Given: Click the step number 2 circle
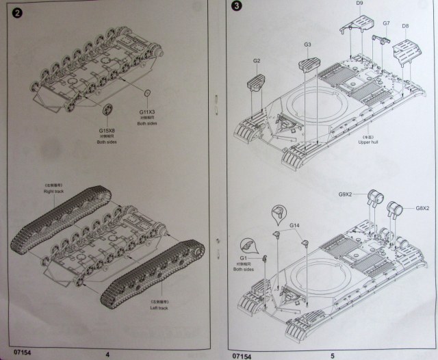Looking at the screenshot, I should (x=18, y=13).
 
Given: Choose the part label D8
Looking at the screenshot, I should (x=405, y=27).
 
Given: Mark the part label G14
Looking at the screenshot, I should (x=294, y=225).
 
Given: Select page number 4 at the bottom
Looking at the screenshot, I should (x=107, y=355).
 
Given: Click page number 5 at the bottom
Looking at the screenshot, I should (x=331, y=355).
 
